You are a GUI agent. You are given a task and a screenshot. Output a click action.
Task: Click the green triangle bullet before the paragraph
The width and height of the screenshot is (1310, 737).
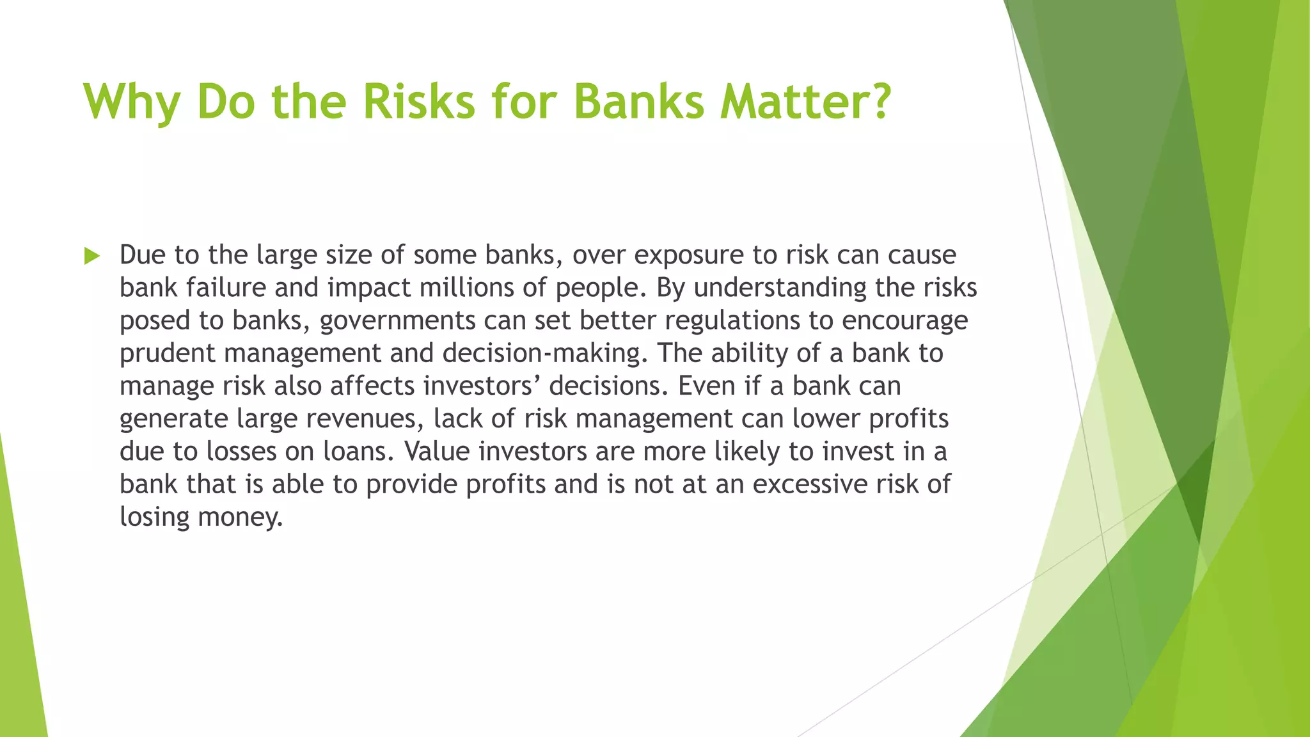[92, 257]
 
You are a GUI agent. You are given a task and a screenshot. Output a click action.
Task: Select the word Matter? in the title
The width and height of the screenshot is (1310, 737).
[805, 101]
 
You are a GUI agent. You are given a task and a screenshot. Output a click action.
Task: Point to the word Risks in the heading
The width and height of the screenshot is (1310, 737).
[419, 101]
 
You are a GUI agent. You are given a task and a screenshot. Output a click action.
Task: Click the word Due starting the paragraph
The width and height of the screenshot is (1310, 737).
[142, 255]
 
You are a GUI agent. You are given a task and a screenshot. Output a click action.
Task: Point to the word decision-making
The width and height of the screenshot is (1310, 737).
[545, 354]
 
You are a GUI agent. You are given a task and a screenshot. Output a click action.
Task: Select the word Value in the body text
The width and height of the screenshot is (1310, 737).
[436, 452]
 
